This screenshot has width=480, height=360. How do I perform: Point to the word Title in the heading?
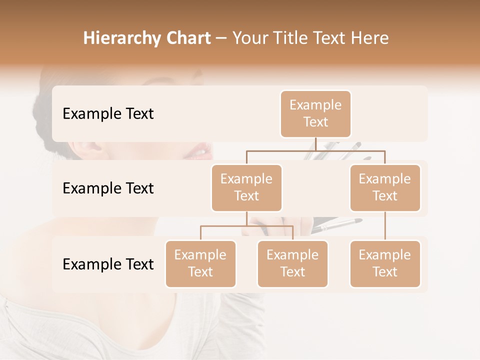[296, 38]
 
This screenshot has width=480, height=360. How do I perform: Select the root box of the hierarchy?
[315, 113]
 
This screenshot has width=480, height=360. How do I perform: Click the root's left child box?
[246, 187]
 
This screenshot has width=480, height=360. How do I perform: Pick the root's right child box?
[385, 187]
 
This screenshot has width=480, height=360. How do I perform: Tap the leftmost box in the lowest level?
[200, 263]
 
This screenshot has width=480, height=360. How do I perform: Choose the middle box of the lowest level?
[292, 263]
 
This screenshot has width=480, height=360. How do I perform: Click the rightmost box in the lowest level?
[385, 263]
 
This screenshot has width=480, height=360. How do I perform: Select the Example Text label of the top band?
[108, 114]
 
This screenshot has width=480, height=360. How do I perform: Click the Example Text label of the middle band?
[108, 188]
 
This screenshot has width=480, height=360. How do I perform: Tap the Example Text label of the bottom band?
[108, 264]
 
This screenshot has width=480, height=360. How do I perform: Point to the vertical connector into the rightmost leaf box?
[385, 226]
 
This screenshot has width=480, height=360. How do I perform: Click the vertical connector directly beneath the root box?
[315, 143]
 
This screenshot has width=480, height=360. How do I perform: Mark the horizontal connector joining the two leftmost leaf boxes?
[246, 226]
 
